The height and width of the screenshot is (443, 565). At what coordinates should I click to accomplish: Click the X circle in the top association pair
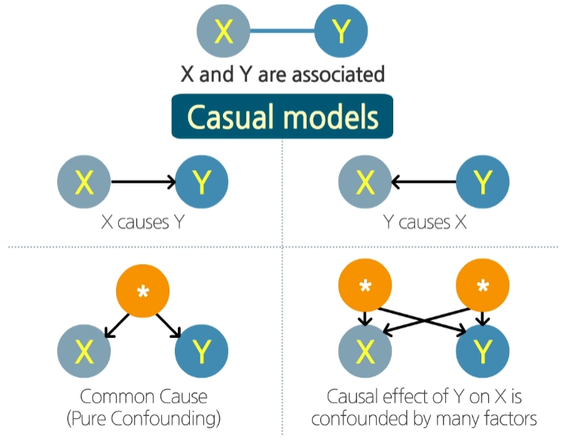coord(223,32)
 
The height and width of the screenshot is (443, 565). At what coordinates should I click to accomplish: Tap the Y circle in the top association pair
coord(341,32)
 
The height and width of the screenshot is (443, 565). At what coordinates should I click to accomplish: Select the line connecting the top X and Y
coord(282,32)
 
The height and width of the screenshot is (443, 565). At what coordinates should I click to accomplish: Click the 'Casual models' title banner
coord(282,117)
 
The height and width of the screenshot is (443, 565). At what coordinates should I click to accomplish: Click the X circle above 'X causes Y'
coord(84,182)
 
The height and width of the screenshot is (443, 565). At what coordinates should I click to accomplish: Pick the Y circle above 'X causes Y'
coord(201,182)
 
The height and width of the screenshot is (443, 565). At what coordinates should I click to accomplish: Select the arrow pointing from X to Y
coord(143,182)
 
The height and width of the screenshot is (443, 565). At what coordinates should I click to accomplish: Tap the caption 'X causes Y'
coord(143,223)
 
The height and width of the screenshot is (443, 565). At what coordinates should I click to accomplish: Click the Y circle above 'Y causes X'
coord(482,182)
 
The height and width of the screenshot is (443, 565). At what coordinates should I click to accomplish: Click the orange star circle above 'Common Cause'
coord(143,290)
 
